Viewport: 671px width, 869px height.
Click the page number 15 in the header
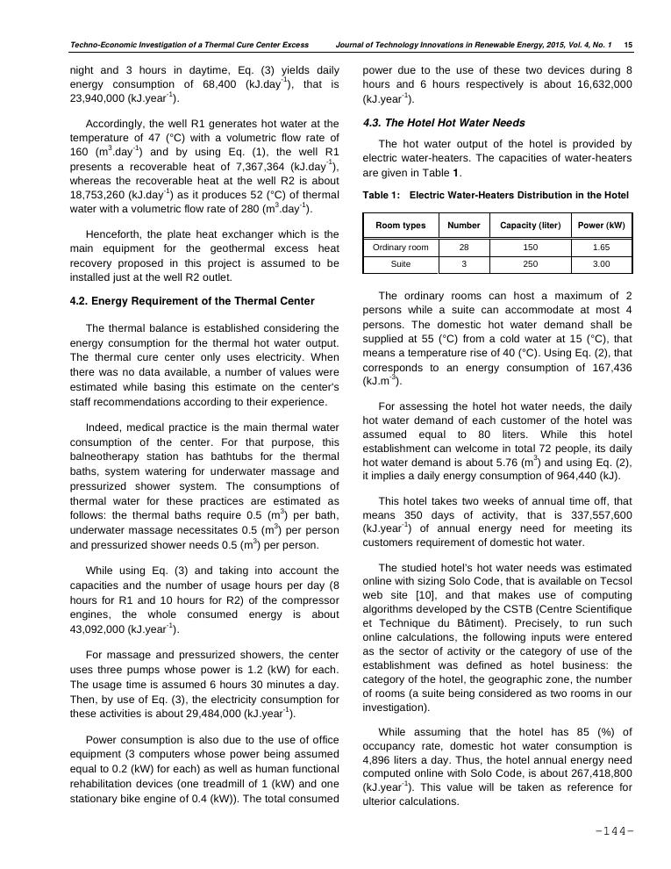[628, 43]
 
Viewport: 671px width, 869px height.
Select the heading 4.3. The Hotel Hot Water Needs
[444, 123]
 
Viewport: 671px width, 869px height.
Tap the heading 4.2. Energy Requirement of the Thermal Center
[191, 301]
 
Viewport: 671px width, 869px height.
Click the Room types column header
[400, 226]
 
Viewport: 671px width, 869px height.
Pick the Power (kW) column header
[601, 226]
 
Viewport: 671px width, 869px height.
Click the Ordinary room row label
[400, 248]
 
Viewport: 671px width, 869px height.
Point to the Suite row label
[400, 264]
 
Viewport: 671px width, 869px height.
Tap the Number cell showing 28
[463, 248]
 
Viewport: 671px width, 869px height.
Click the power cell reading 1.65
[601, 248]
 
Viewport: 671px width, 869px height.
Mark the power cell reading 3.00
[601, 264]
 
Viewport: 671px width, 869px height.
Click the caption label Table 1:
[382, 195]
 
